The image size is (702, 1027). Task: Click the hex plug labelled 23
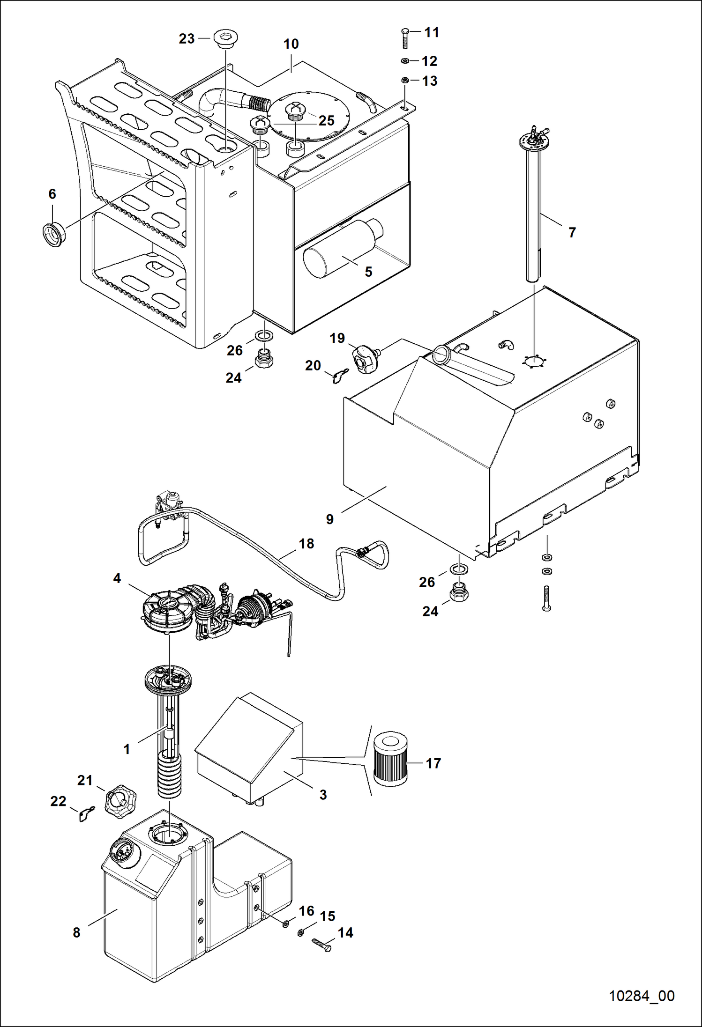click(x=225, y=38)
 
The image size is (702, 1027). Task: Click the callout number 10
click(x=291, y=44)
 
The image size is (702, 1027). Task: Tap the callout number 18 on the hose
click(x=306, y=544)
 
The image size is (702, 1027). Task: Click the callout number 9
click(x=330, y=519)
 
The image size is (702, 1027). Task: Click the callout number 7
click(x=572, y=232)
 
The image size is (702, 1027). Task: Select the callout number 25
click(x=327, y=120)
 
